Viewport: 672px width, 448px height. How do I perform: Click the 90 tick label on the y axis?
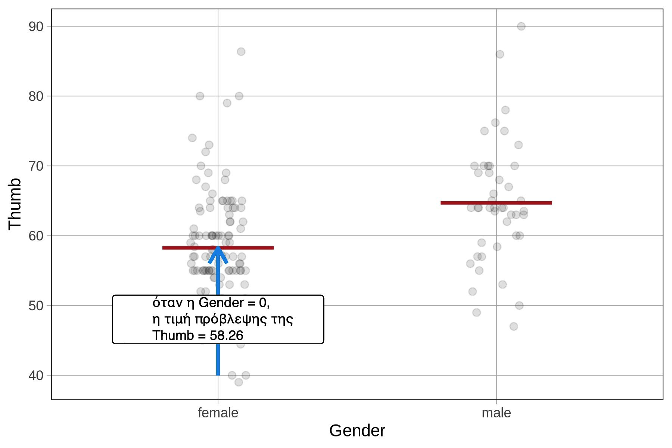pos(36,27)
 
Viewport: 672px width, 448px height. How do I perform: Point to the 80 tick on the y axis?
pos(36,96)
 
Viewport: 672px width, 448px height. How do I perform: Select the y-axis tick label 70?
pos(36,166)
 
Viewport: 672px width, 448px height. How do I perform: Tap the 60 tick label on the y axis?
pos(36,236)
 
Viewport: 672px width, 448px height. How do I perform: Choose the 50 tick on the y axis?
pos(36,306)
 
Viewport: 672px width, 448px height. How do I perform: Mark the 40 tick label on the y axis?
pos(36,375)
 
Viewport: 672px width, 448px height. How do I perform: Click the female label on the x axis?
pos(218,413)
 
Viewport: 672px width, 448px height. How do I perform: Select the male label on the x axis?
pos(496,413)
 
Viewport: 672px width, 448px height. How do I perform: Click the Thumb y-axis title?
pos(15,203)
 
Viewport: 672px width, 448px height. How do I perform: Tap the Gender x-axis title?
pos(357,431)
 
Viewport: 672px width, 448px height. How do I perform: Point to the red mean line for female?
pos(254,248)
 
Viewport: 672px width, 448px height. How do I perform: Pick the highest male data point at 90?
pos(521,26)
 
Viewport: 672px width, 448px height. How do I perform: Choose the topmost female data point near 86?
pos(241,52)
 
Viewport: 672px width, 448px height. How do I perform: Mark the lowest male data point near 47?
pos(514,326)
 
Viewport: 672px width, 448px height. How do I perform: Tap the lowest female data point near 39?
pos(239,382)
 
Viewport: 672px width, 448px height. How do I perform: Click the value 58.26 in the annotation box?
pos(226,336)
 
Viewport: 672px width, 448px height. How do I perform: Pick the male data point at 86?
pos(500,55)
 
